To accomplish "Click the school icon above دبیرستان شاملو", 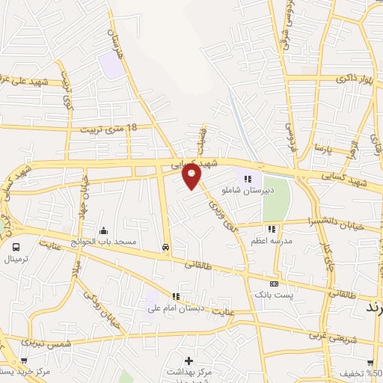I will (x=248, y=178).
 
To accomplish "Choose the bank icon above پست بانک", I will (x=274, y=284).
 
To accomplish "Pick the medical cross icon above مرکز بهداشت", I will (x=199, y=361).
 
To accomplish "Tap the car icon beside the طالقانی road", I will (x=165, y=247).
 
